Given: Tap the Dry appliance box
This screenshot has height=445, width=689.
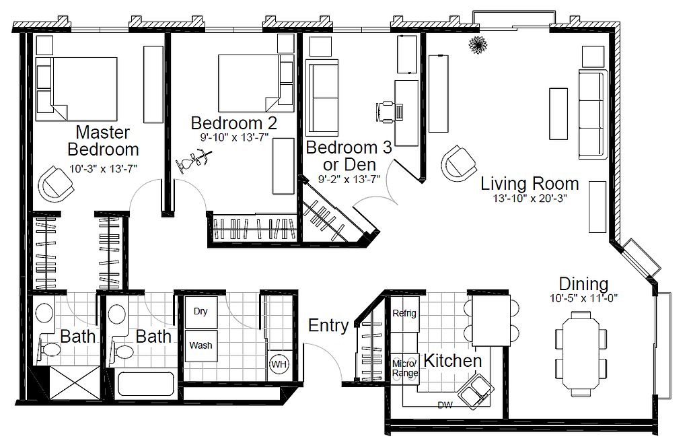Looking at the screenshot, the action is (x=201, y=312).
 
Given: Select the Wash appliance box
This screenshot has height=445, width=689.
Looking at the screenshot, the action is (x=201, y=346).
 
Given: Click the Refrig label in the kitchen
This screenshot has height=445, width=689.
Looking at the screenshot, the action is (x=404, y=313).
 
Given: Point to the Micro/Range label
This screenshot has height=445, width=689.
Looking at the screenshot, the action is (x=404, y=368).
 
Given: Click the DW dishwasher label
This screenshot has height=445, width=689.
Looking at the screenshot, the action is (x=445, y=405).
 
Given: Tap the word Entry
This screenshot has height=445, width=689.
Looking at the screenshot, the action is (x=328, y=325).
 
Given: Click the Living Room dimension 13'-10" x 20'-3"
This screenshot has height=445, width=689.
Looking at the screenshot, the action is (x=530, y=199).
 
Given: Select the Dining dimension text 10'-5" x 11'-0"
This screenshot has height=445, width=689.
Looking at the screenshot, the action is (x=583, y=298).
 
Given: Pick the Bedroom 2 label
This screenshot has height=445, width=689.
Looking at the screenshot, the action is (x=234, y=123).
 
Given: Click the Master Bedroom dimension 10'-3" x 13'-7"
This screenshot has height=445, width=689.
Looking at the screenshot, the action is (x=103, y=168).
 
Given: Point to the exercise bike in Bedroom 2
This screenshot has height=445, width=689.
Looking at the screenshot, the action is (x=194, y=162).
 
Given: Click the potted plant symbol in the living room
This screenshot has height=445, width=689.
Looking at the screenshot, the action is (x=478, y=45).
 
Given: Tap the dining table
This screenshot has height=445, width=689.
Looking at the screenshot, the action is (x=581, y=349).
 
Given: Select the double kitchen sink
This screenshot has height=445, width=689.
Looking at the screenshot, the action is (x=475, y=391).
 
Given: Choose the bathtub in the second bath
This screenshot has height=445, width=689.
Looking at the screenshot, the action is (x=146, y=384).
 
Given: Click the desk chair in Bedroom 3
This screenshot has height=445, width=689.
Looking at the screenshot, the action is (x=386, y=111).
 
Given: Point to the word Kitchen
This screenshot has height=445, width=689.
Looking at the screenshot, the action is (x=453, y=361).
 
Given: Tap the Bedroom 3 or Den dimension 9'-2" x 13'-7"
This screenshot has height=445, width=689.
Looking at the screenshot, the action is (x=349, y=179).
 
